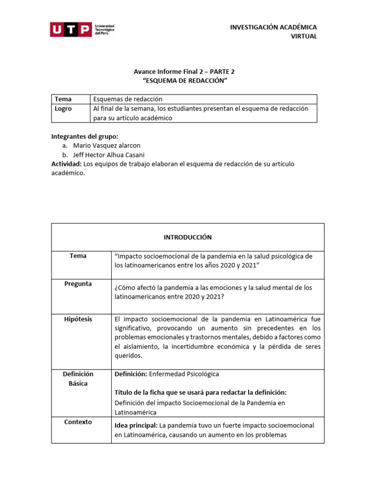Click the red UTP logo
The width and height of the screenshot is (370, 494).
tap(71, 29)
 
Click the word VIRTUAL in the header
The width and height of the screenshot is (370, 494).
tap(304, 37)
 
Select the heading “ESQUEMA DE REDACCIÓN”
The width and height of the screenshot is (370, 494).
tap(185, 81)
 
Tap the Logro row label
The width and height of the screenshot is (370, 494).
tap(63, 109)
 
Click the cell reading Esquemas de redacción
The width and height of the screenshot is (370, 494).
tap(128, 99)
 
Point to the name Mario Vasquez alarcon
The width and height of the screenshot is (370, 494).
tap(106, 145)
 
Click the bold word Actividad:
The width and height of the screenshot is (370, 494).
tap(66, 164)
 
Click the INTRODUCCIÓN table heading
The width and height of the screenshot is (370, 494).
tap(187, 237)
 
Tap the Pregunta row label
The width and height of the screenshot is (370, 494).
tap(78, 284)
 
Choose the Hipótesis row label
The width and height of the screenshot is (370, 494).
tap(78, 319)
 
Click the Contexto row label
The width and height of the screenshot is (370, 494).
tap(78, 422)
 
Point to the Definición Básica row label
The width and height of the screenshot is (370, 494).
tap(78, 379)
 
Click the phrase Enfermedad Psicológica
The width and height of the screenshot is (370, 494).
tap(184, 374)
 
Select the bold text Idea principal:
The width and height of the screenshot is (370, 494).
tap(136, 425)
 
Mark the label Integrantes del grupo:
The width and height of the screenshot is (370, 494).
tap(84, 137)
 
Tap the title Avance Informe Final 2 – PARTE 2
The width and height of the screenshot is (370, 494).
tap(185, 71)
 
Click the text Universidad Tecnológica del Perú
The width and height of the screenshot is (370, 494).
tap(105, 29)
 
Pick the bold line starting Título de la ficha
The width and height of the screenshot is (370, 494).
tap(204, 392)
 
